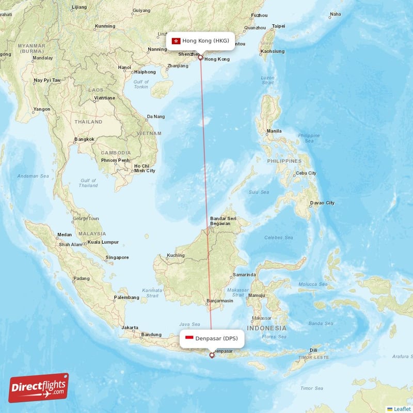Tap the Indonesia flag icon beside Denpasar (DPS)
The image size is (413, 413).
point(189,339)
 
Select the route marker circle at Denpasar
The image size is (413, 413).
point(212,355)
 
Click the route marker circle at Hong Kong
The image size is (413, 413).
point(200,57)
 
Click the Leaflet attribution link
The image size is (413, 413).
point(402,409)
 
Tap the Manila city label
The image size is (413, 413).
point(274,131)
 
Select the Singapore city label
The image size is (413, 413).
point(117,257)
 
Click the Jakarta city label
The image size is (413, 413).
point(130,327)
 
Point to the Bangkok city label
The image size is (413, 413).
point(84,139)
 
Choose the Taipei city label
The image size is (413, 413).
point(278,26)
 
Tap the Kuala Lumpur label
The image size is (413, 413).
point(103,242)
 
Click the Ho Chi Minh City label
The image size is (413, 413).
point(144,168)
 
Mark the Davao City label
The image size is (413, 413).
point(322,203)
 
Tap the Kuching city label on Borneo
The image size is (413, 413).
point(176,256)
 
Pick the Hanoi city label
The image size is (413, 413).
point(124,67)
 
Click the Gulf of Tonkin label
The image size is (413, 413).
point(141,84)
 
